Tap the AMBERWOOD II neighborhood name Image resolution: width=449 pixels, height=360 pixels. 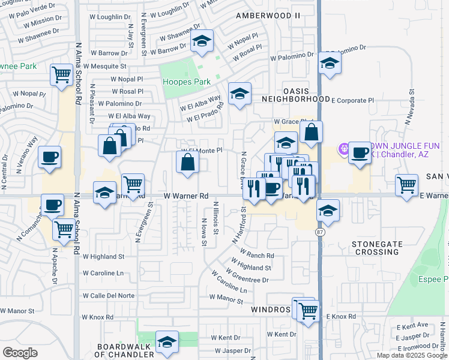268,14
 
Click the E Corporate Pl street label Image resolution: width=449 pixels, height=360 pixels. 352,101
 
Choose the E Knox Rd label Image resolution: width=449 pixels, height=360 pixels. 341,316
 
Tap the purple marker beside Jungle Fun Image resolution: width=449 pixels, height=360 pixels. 344,147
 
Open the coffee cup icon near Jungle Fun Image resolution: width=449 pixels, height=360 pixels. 360,152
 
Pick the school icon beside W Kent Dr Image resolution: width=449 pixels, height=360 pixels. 167,342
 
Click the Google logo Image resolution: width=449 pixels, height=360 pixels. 20,353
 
